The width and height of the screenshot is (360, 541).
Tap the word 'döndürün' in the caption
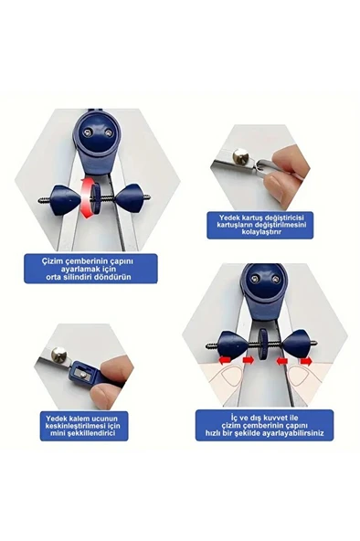click(115, 278)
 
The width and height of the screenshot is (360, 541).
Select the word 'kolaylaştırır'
click(261, 232)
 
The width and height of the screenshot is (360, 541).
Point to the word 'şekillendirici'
click(93, 434)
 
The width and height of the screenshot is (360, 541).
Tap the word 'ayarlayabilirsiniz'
click(294, 432)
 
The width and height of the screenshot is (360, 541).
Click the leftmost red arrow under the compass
click(225, 360)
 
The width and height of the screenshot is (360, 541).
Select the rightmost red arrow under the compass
click(306, 361)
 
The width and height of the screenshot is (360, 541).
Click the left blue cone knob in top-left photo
click(66, 200)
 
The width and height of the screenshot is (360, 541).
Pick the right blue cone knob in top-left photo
click(129, 198)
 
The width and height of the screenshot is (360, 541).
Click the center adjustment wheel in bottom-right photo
click(264, 345)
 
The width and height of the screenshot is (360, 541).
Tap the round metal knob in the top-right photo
click(239, 155)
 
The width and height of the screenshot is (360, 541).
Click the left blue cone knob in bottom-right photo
click(232, 344)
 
